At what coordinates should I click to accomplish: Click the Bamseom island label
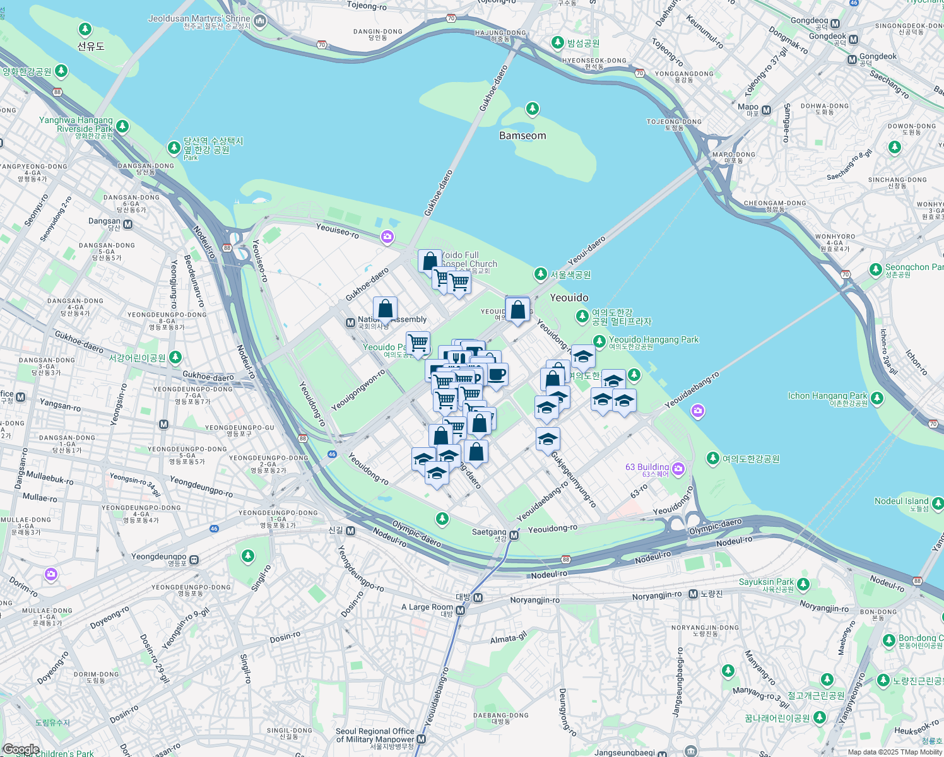(522, 136)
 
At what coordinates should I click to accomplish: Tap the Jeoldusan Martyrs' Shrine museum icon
(259, 22)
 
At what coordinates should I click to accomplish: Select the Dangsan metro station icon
(128, 224)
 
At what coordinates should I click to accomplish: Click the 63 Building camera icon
(678, 468)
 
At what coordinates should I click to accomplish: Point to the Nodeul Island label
(901, 501)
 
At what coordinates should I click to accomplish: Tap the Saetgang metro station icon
(514, 535)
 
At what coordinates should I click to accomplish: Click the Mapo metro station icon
(766, 110)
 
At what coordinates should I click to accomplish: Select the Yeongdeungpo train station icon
(194, 559)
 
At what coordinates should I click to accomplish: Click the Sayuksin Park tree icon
(803, 585)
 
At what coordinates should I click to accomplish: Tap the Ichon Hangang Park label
(827, 396)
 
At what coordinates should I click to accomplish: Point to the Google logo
(21, 749)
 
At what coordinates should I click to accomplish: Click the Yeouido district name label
(569, 298)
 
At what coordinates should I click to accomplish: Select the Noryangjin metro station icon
(693, 594)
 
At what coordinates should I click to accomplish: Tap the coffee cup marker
(497, 375)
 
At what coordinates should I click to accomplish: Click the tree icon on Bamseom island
(533, 110)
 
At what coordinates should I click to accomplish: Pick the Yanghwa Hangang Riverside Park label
(76, 124)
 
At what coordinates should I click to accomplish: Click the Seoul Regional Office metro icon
(422, 739)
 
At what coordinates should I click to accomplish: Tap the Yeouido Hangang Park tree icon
(599, 341)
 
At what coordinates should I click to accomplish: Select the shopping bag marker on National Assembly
(385, 310)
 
